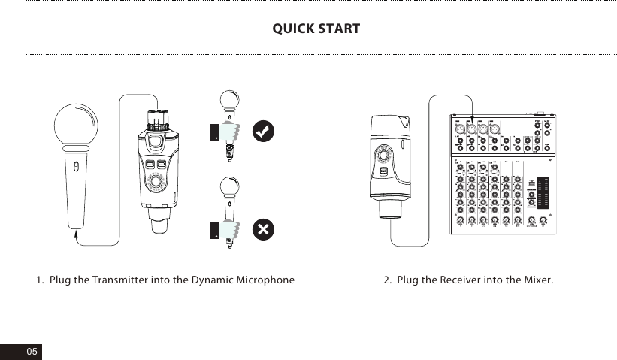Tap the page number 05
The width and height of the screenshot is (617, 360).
pos(31,352)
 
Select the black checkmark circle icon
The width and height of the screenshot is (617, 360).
pos(262,130)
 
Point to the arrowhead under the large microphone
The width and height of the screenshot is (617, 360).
pos(76,233)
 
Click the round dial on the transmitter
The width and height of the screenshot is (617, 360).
pos(158,183)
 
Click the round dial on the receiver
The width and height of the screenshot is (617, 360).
pos(386,156)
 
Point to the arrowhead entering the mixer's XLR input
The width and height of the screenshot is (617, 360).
pos(471,120)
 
